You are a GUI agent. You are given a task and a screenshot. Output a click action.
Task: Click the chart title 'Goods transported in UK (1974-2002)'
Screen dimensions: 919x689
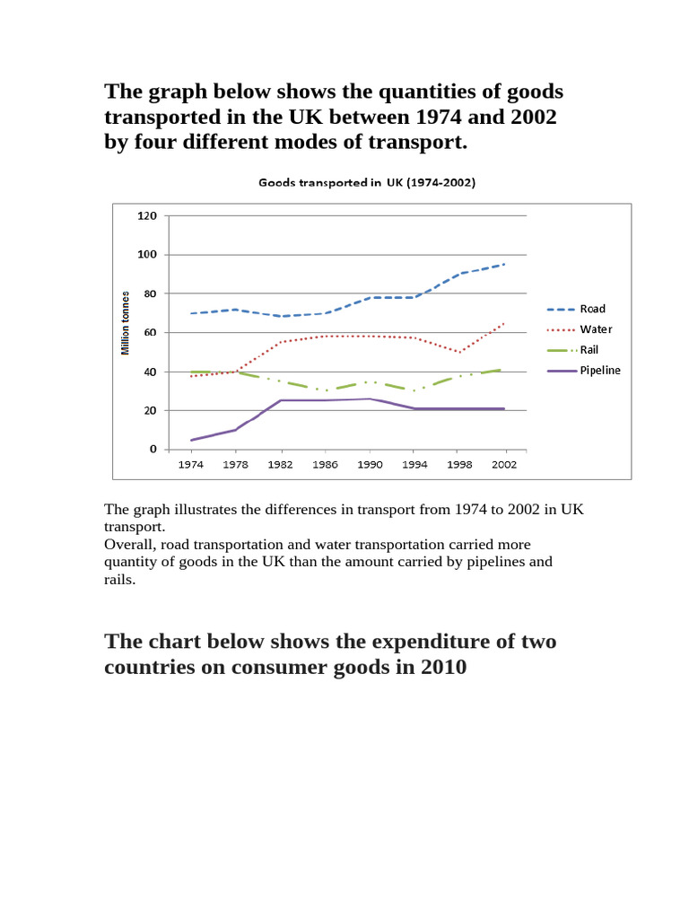pos(367,182)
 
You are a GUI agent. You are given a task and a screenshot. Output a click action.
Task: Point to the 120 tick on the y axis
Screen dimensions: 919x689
pos(147,216)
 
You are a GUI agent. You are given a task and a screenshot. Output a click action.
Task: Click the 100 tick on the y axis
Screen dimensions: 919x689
pos(147,255)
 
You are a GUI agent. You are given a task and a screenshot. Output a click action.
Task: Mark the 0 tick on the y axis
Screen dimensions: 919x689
pos(153,450)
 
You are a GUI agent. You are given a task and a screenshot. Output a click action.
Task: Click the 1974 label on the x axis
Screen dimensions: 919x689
pos(190,466)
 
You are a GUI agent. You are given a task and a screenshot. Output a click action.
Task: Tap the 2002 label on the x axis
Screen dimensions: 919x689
pos(505,466)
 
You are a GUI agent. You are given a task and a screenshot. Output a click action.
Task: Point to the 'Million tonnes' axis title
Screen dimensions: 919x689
pos(126,321)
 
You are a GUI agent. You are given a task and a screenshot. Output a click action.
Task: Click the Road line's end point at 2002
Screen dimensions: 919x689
pos(505,264)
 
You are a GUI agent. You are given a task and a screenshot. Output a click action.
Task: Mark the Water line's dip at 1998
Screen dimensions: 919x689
pos(460,352)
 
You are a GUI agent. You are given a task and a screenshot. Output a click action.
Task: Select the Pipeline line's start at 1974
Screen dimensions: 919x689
pos(190,440)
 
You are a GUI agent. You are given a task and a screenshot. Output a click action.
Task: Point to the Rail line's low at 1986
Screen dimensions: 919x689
pos(325,390)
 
